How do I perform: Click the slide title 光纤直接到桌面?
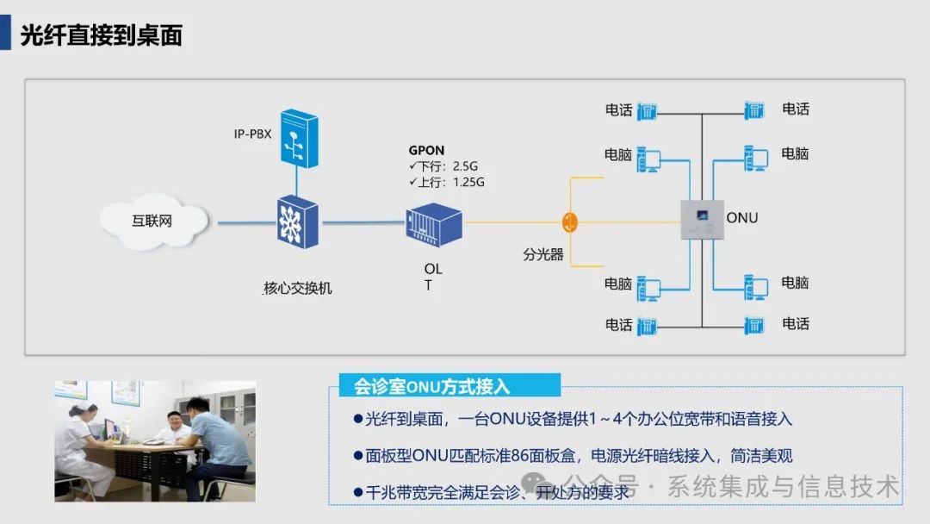pos(102,35)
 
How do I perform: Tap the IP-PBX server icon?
pos(297,137)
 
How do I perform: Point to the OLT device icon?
pos(434,224)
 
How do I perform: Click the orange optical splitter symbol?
pos(569,221)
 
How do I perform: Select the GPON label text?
pos(427,151)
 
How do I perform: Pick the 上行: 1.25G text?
pos(447,182)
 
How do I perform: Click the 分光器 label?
pos(542,255)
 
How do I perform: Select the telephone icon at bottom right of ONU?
pos(754,325)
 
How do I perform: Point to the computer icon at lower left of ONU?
pos(648,288)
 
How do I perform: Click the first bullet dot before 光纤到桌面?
pos(358,418)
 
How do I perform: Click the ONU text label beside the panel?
pos(742,218)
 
